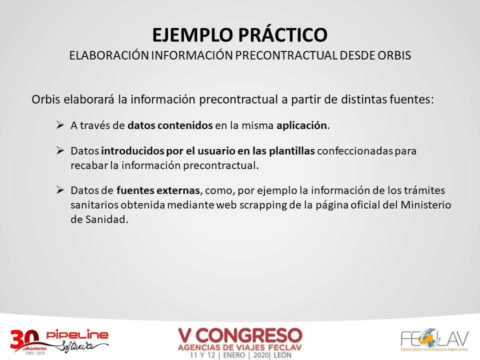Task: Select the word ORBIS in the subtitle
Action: pyautogui.click(x=394, y=55)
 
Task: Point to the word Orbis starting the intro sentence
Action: pyautogui.click(x=46, y=99)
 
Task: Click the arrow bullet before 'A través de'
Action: pyautogui.click(x=60, y=125)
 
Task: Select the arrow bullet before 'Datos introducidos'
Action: pyautogui.click(x=60, y=150)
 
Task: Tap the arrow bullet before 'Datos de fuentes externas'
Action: pyautogui.click(x=60, y=190)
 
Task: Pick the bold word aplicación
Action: pyautogui.click(x=301, y=125)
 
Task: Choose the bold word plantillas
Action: pyautogui.click(x=291, y=151)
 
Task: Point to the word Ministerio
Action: pyautogui.click(x=426, y=205)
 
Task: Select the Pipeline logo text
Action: pyautogui.click(x=77, y=334)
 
